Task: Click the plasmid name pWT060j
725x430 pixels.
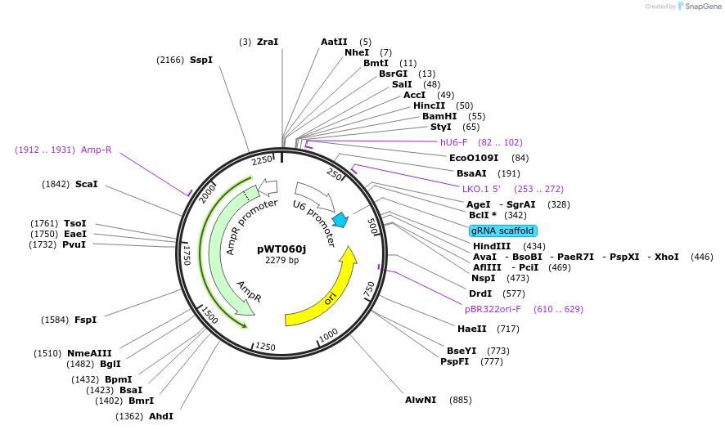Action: click(x=281, y=249)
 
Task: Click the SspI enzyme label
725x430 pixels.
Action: click(x=201, y=60)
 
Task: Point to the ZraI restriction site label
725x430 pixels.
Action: click(x=268, y=42)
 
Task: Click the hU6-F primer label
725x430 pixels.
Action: click(x=454, y=142)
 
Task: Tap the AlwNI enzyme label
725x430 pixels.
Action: click(x=421, y=400)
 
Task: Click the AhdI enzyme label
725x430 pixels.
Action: click(x=161, y=416)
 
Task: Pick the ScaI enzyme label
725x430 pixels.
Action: click(x=86, y=184)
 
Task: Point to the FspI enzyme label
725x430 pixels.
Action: click(x=86, y=320)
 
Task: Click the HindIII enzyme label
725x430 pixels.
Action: click(x=491, y=246)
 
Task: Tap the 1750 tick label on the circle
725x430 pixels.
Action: click(x=186, y=253)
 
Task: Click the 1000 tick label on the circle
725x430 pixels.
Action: click(x=328, y=334)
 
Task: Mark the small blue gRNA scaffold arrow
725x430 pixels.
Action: click(x=340, y=220)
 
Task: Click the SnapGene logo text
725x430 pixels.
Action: click(x=703, y=7)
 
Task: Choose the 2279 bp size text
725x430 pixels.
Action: click(x=281, y=261)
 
